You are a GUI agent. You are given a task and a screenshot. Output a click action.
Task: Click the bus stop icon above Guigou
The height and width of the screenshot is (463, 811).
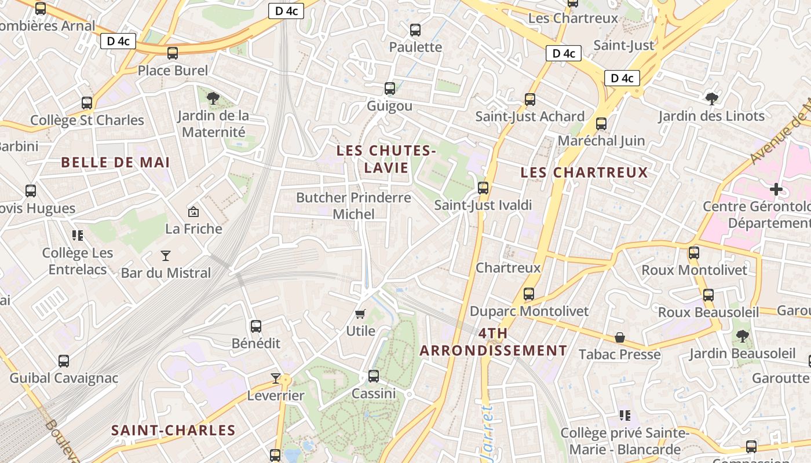pyautogui.click(x=390, y=89)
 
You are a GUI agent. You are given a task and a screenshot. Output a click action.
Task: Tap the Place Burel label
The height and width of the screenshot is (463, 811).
pyautogui.click(x=173, y=71)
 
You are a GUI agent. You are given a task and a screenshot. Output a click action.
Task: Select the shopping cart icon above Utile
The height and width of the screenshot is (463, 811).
pyautogui.click(x=360, y=314)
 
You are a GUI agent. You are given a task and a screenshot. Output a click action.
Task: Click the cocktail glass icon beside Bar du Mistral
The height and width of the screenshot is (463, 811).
pyautogui.click(x=166, y=255)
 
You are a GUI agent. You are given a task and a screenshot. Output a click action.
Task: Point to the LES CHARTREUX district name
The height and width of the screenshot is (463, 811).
pyautogui.click(x=584, y=172)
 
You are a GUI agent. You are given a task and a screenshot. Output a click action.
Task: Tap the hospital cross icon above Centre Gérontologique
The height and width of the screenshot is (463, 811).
pyautogui.click(x=776, y=189)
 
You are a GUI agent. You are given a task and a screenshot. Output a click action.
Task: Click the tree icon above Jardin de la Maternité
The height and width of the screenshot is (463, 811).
pyautogui.click(x=213, y=98)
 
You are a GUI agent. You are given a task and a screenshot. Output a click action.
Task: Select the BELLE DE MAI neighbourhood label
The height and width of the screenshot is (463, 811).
pyautogui.click(x=116, y=163)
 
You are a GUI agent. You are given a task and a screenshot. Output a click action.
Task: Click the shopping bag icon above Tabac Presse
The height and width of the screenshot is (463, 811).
pyautogui.click(x=620, y=337)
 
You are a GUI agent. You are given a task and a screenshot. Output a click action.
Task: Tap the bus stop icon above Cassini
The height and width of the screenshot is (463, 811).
pyautogui.click(x=374, y=376)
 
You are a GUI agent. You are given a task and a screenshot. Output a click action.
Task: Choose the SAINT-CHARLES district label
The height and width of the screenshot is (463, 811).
pyautogui.click(x=173, y=431)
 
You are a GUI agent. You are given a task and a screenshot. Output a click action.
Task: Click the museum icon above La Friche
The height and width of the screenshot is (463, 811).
pyautogui.click(x=193, y=212)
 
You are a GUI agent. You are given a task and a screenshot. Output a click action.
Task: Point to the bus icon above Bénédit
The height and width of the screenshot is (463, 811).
pyautogui.click(x=255, y=326)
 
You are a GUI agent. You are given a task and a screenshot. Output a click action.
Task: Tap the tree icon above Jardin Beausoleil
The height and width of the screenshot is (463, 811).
pyautogui.click(x=742, y=336)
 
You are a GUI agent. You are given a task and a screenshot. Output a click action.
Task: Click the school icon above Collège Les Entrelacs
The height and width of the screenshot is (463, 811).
pyautogui.click(x=78, y=235)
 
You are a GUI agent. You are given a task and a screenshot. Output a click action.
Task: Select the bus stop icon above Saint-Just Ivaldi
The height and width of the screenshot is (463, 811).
pyautogui.click(x=483, y=188)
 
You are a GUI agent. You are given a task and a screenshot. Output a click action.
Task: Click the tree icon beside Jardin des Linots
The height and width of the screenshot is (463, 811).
pyautogui.click(x=711, y=98)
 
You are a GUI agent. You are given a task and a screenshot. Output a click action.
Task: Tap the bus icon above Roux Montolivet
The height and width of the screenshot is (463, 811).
pyautogui.click(x=694, y=253)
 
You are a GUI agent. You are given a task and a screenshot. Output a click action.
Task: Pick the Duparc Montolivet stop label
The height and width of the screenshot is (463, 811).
pyautogui.click(x=529, y=311)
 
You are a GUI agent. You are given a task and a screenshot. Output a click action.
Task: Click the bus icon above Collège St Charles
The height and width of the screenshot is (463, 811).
pyautogui.click(x=87, y=103)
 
